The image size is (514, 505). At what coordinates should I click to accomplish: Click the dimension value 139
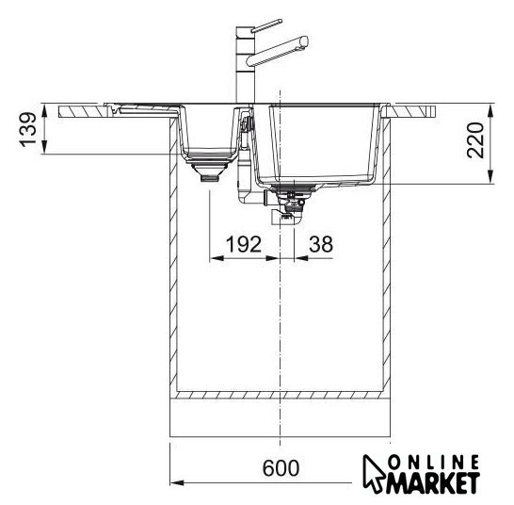(27, 130)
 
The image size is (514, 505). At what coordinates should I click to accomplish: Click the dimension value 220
(475, 140)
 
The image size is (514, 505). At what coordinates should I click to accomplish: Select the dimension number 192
(244, 244)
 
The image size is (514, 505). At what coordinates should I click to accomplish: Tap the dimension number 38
(321, 244)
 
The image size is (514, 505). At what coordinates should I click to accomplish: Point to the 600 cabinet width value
(281, 468)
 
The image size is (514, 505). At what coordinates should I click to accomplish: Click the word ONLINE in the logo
(434, 463)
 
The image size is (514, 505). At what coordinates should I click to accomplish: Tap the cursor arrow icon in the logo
(374, 473)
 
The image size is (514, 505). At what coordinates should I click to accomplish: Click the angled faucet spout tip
(303, 41)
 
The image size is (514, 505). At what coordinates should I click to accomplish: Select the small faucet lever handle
(266, 26)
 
